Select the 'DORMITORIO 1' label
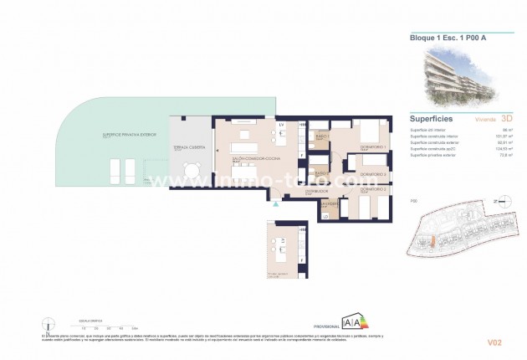point(364,147)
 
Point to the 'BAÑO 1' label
point(320,136)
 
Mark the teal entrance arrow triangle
point(274,203)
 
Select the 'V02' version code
point(493,342)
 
